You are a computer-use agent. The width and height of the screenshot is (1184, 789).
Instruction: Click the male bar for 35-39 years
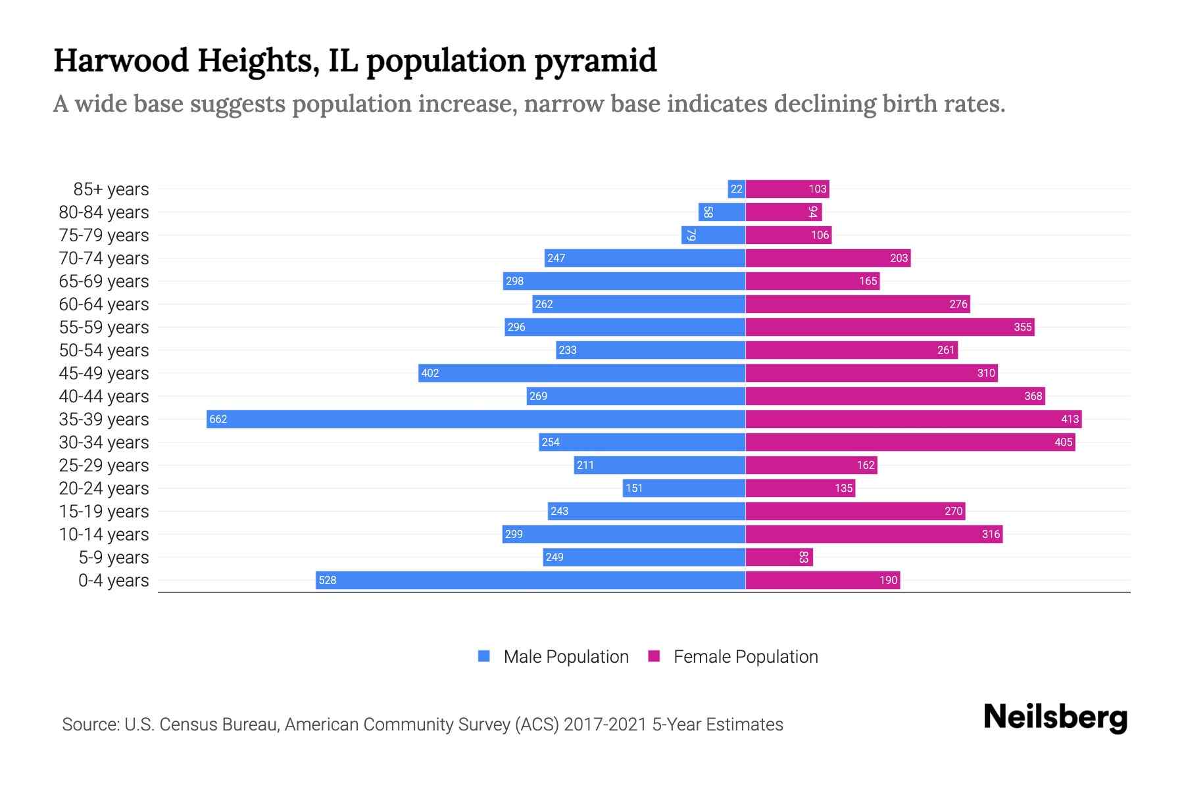476,419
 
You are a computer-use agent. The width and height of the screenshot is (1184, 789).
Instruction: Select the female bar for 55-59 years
889,327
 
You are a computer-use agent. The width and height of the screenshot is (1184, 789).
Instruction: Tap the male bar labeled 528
530,580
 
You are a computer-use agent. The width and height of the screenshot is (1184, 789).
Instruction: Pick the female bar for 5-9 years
779,557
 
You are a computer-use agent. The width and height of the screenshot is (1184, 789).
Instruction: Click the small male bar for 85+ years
736,189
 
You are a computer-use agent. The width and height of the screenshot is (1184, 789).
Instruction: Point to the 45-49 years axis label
104,373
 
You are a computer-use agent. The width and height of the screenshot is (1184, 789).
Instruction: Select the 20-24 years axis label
104,488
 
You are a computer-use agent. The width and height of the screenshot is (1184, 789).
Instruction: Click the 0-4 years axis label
113,580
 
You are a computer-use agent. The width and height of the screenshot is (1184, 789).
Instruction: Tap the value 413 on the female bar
1070,419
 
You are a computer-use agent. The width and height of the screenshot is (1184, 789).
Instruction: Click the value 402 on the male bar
430,373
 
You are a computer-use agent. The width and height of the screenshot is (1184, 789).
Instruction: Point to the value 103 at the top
817,189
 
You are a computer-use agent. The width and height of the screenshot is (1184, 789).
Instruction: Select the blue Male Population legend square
484,656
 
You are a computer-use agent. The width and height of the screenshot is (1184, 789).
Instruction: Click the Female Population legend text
745,656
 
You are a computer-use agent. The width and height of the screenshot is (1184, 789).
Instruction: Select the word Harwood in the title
121,60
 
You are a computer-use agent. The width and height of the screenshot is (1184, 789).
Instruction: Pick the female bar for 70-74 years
827,258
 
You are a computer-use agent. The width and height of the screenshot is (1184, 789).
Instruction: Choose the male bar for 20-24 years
684,488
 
